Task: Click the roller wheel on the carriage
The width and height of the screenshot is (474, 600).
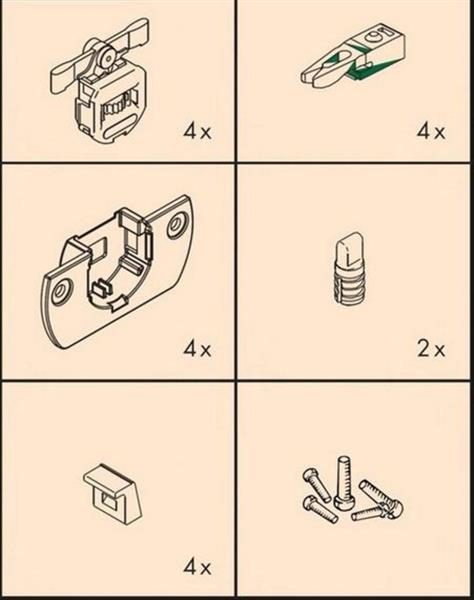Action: (107, 58)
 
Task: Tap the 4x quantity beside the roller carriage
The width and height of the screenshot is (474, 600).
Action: (197, 132)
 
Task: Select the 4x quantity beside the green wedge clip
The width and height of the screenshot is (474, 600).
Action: (431, 132)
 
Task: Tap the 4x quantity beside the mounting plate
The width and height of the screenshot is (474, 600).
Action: (197, 349)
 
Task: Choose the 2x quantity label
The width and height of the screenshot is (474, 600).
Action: (431, 349)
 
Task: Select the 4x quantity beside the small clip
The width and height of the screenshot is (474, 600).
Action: (197, 567)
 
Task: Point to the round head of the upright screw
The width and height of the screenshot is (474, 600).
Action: (343, 502)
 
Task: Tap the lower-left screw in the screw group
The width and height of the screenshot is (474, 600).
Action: (320, 510)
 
